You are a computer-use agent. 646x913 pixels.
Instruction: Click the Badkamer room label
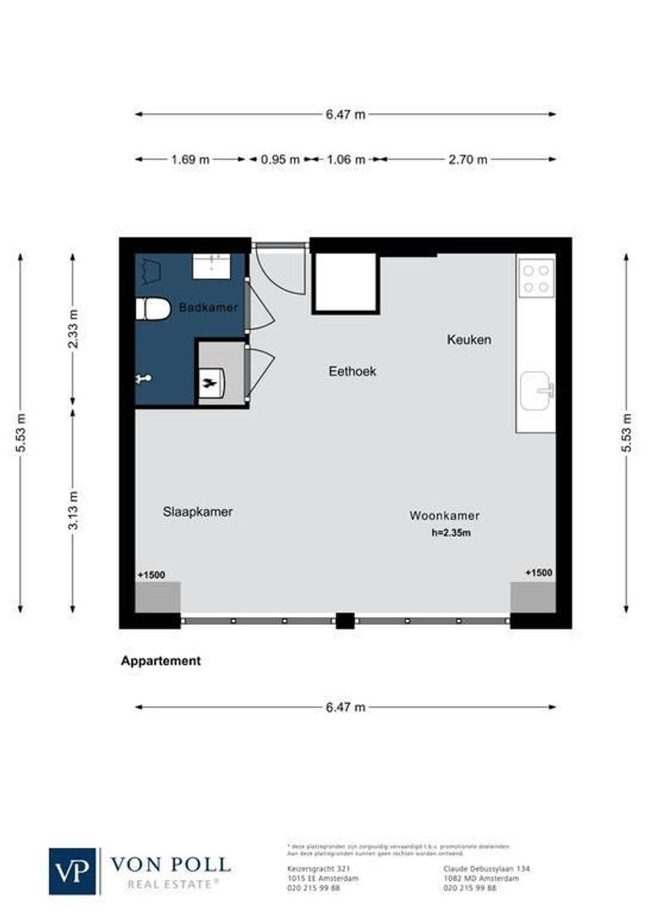click(x=208, y=309)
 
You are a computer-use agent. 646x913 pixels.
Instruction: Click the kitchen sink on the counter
click(x=536, y=391)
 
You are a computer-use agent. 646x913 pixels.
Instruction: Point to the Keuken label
click(x=468, y=340)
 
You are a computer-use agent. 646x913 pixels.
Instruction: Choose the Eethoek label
click(x=352, y=370)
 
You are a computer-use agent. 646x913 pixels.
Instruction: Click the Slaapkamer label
click(x=197, y=511)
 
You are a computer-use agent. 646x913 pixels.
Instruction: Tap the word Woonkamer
click(x=444, y=515)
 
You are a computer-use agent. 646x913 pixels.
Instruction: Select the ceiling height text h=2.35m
click(x=451, y=533)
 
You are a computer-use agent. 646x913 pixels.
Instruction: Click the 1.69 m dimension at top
click(x=189, y=159)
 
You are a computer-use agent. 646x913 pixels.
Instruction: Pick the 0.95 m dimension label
click(x=279, y=159)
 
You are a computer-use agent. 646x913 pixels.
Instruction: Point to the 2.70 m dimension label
click(x=468, y=159)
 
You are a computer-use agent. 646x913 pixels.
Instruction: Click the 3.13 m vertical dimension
click(x=74, y=510)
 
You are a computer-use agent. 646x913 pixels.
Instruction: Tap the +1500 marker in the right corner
click(x=539, y=572)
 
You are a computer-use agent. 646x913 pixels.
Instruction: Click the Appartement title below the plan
click(x=161, y=661)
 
